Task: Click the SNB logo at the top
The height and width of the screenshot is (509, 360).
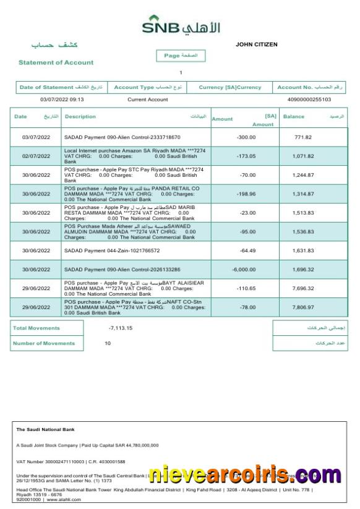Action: [181, 27]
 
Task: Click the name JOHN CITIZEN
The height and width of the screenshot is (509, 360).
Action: [257, 45]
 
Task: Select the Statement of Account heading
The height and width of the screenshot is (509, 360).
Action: [56, 62]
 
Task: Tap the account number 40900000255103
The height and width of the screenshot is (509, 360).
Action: [309, 100]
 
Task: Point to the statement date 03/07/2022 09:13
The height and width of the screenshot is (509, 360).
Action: [62, 100]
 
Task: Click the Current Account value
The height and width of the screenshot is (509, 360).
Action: [147, 100]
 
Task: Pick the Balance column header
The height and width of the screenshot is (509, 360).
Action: [294, 116]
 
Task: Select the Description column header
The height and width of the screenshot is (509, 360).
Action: [80, 116]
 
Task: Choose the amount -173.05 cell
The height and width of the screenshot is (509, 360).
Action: [246, 156]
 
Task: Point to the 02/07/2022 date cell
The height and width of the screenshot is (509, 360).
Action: [35, 156]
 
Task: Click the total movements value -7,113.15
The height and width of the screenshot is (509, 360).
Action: [121, 328]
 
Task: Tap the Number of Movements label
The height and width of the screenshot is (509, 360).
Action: [44, 343]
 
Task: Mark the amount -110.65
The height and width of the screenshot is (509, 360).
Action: [246, 288]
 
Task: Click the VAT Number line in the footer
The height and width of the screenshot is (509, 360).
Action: [71, 462]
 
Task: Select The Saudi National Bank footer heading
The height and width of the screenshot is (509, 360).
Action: [45, 429]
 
